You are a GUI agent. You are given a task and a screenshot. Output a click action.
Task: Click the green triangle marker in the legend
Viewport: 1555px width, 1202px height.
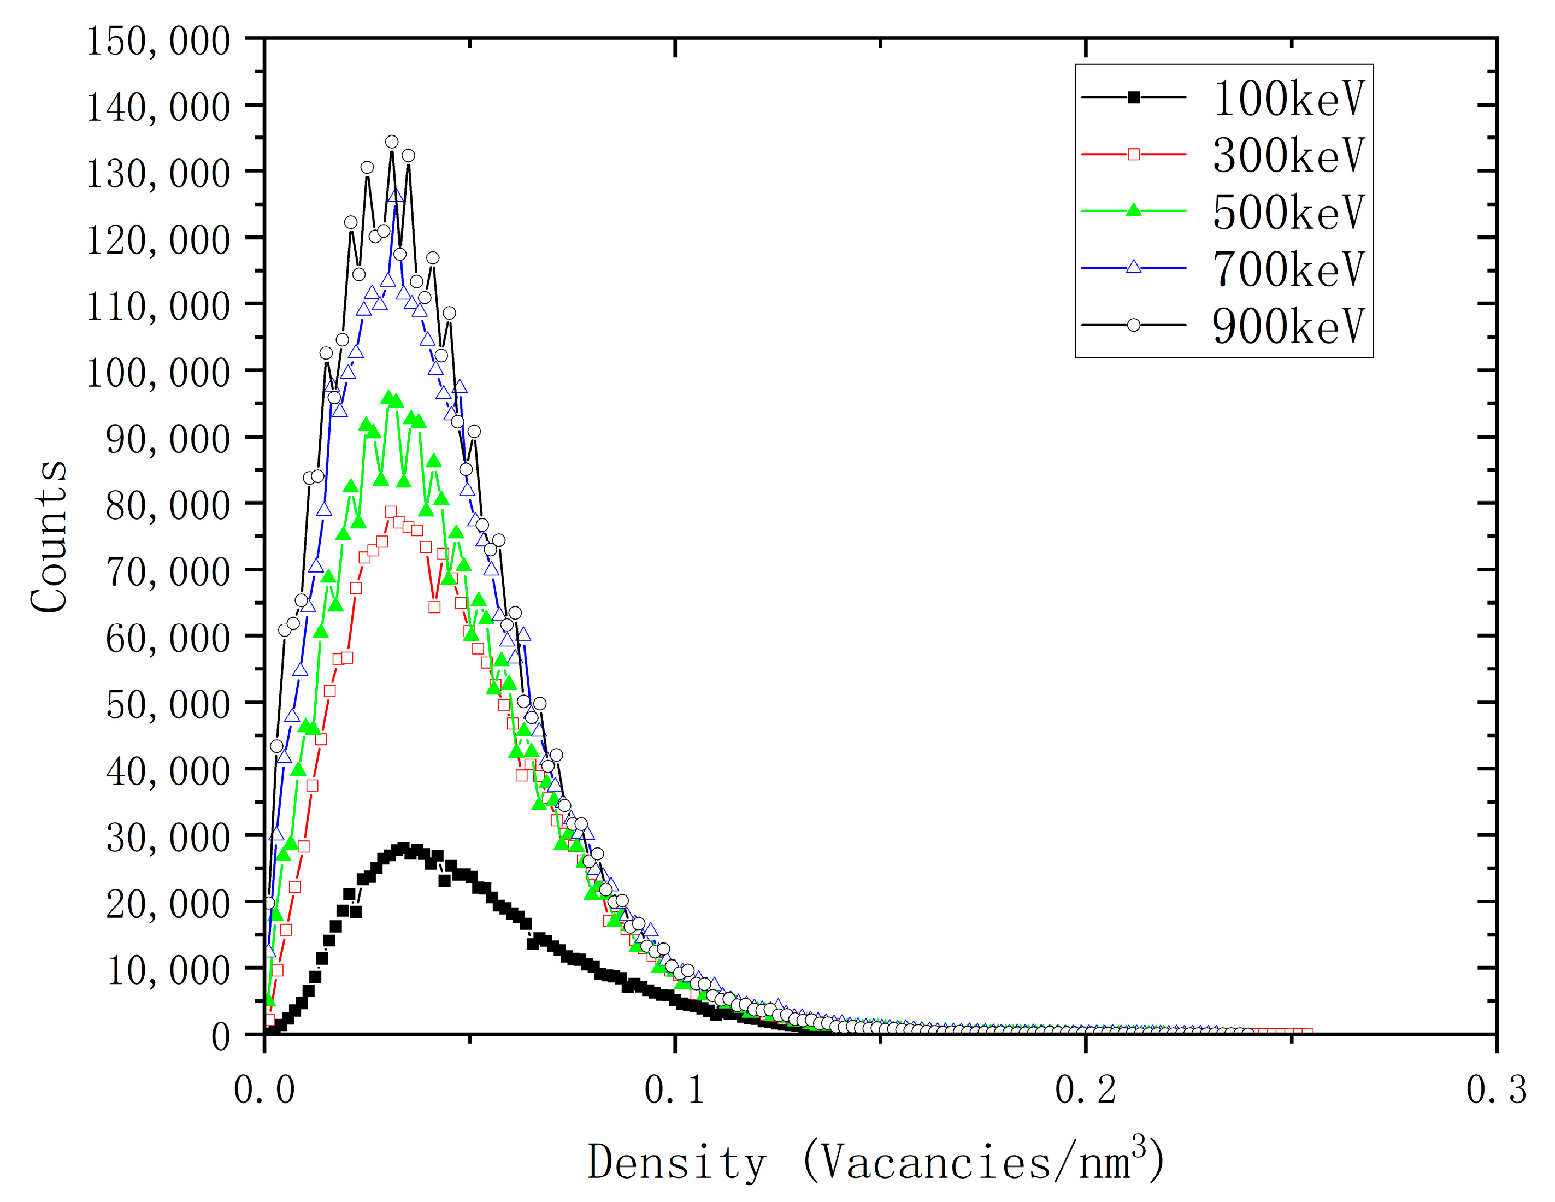click(1134, 210)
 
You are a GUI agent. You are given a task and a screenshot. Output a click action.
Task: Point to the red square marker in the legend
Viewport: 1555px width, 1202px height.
click(1134, 154)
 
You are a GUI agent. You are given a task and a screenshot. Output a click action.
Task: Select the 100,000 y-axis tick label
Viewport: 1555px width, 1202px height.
click(158, 373)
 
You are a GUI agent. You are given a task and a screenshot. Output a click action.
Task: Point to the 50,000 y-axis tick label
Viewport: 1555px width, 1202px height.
click(168, 704)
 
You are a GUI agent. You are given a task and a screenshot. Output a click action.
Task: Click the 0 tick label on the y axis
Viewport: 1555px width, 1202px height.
click(221, 1037)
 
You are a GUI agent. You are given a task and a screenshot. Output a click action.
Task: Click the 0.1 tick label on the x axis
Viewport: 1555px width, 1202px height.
click(674, 1089)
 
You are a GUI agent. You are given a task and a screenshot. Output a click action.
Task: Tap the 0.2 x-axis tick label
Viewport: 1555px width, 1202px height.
click(1085, 1089)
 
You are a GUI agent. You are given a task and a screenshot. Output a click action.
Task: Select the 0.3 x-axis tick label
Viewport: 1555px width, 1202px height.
click(1496, 1089)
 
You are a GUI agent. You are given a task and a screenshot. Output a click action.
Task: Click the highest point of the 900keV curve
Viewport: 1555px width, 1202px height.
click(392, 142)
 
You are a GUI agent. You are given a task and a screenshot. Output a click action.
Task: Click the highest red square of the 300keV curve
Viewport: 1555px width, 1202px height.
click(390, 511)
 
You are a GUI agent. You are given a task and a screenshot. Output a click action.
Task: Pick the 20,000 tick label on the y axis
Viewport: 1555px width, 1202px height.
click(168, 904)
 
